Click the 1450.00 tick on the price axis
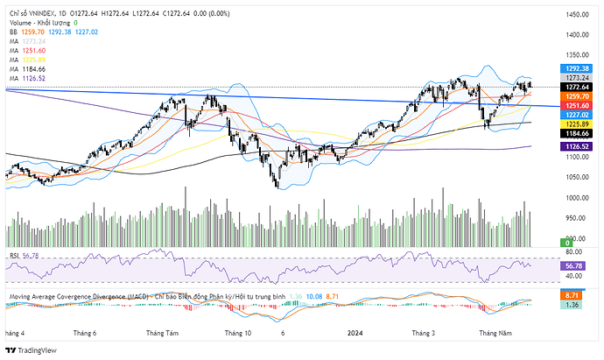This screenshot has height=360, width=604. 575,15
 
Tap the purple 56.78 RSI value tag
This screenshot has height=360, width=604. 574,265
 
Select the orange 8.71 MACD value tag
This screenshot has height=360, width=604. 574,296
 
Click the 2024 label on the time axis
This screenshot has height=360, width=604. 355,333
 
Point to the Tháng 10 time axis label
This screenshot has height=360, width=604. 238,333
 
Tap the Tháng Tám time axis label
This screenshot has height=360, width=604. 163,333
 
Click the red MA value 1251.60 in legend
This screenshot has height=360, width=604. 35,50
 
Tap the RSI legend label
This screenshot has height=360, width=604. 15,255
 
